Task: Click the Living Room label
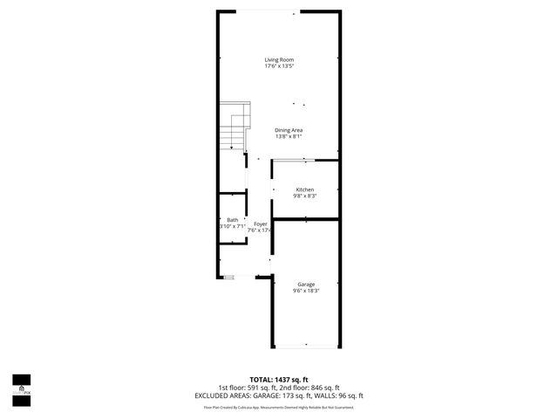(279, 59)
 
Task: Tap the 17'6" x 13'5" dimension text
(279, 65)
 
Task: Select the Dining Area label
(289, 130)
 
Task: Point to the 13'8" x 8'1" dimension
(289, 136)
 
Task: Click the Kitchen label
(304, 189)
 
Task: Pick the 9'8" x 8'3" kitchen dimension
(304, 196)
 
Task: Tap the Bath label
(232, 220)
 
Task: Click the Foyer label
(260, 224)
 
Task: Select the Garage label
(305, 284)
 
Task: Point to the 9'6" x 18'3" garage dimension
(305, 290)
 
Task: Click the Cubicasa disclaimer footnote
(279, 407)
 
